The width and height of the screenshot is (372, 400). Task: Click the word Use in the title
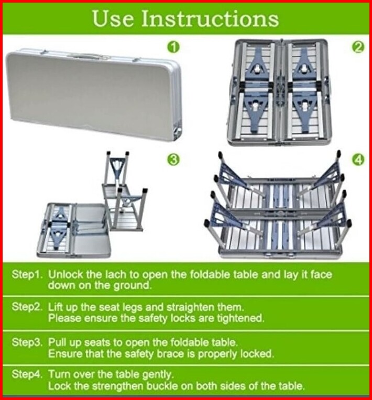[x=113, y=18]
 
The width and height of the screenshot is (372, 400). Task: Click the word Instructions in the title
[x=210, y=18]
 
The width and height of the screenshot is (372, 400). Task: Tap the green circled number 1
[x=173, y=47]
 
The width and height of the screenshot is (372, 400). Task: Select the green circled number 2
[x=358, y=47]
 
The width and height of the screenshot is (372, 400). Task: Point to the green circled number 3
[x=173, y=160]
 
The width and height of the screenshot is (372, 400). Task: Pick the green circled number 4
[x=358, y=160]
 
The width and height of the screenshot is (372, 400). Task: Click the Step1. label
[x=27, y=274]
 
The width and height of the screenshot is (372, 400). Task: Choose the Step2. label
[x=27, y=307]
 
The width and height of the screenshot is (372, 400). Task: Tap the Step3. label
[x=27, y=342]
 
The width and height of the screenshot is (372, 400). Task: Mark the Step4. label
[x=27, y=374]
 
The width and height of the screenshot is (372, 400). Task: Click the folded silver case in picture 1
[x=94, y=95]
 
